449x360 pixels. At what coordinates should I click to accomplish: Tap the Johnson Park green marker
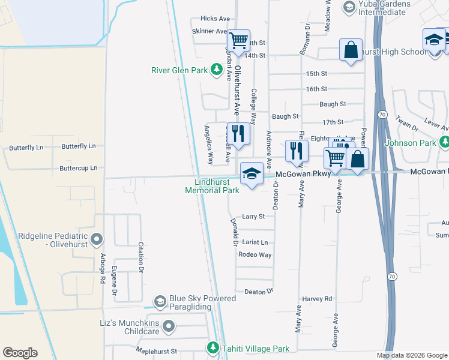pos(444,143)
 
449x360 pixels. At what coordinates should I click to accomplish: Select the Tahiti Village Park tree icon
pos(212,348)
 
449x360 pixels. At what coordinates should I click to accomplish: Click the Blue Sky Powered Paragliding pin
pos(160,301)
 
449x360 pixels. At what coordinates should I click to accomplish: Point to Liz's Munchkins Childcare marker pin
pos(169,327)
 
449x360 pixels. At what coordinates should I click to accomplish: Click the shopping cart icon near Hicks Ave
pos(239,41)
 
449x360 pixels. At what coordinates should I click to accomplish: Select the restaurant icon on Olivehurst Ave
pos(239,133)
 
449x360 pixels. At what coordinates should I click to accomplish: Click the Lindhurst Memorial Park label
pos(212,186)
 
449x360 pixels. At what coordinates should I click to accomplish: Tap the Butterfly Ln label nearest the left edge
pos(26,148)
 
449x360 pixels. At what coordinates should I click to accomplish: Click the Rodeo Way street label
pos(255,254)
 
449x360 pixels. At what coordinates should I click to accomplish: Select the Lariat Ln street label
pos(255,242)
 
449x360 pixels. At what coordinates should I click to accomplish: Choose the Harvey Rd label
pos(317,298)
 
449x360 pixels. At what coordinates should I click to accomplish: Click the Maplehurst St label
pos(157,350)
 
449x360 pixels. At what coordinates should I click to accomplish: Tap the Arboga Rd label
pos(103,271)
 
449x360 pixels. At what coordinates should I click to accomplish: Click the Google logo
pos(20,353)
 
